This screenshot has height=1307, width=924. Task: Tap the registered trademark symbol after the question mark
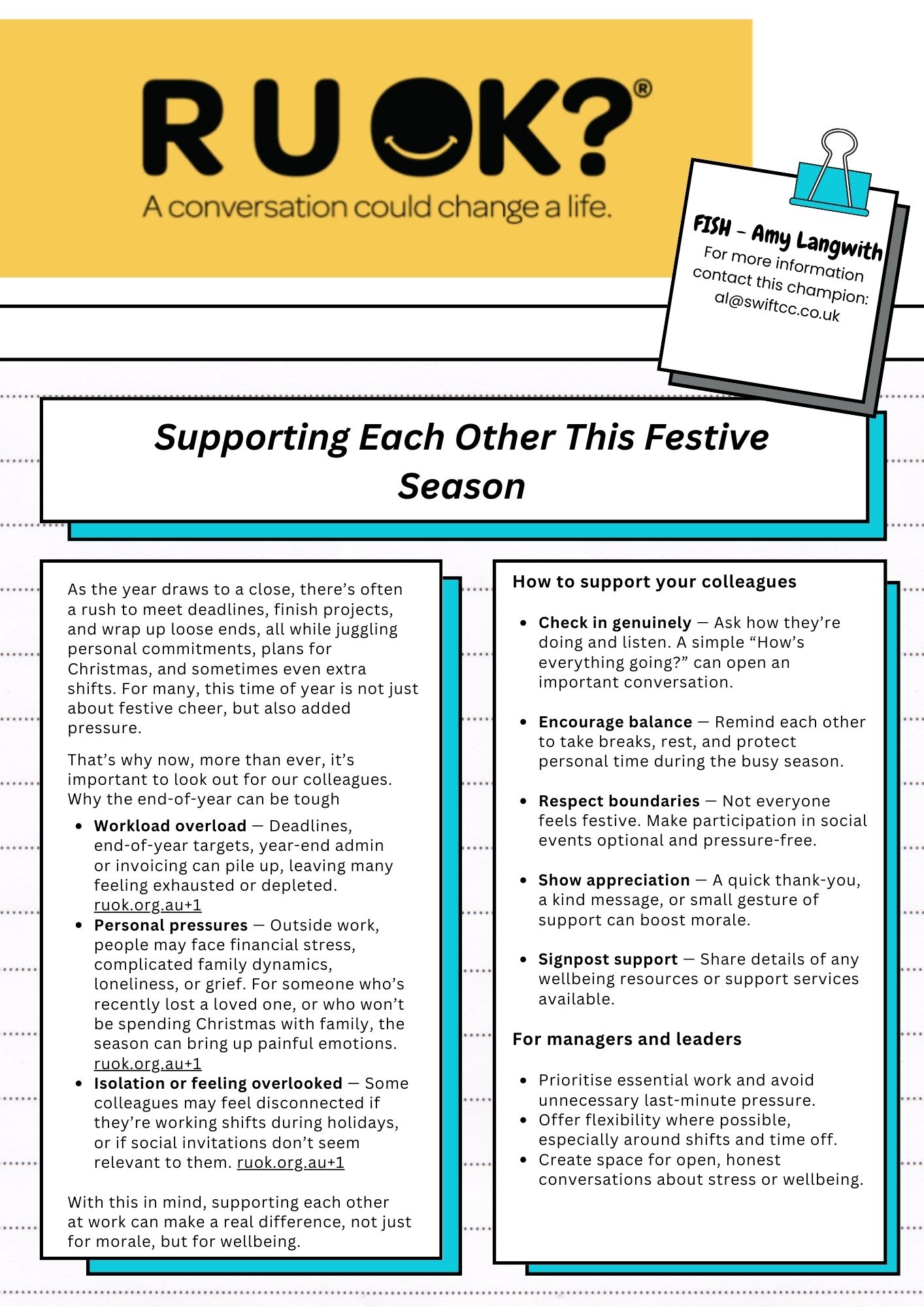pyautogui.click(x=642, y=88)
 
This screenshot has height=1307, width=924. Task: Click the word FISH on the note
pyautogui.click(x=712, y=226)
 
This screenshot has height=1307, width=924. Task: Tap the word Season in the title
pyautogui.click(x=461, y=486)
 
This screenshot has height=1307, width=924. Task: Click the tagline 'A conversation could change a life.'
pyautogui.click(x=377, y=207)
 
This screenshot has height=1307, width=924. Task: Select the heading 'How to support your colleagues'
pyautogui.click(x=654, y=582)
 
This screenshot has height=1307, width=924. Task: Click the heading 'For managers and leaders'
pyautogui.click(x=627, y=1039)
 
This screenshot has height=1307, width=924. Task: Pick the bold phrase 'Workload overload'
pyautogui.click(x=170, y=825)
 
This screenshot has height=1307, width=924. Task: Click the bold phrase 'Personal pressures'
pyautogui.click(x=171, y=925)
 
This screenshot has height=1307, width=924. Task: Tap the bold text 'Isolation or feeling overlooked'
pyautogui.click(x=218, y=1083)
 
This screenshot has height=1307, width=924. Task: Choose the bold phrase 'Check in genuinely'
pyautogui.click(x=614, y=622)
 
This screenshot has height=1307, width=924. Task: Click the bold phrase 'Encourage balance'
pyautogui.click(x=615, y=721)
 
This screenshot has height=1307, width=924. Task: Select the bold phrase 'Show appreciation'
pyautogui.click(x=614, y=880)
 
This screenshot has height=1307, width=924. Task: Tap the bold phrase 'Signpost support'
pyautogui.click(x=608, y=959)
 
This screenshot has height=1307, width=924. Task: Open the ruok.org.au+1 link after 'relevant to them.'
pyautogui.click(x=290, y=1163)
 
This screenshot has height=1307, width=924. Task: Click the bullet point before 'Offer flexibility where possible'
pyautogui.click(x=523, y=1120)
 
